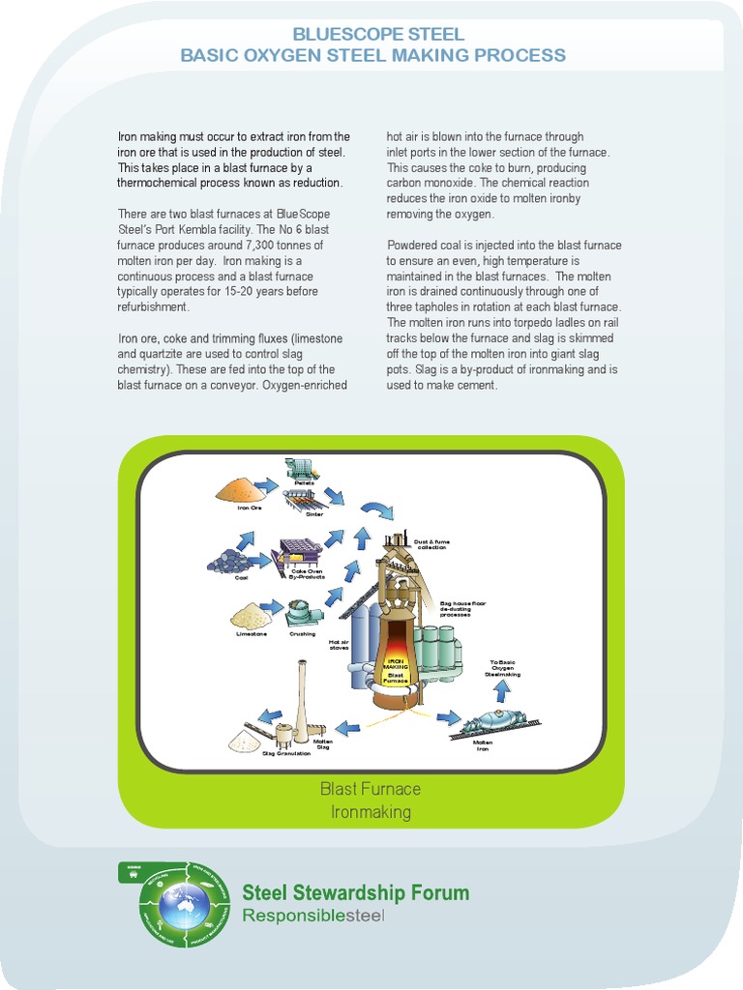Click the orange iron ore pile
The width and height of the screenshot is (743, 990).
[238, 490]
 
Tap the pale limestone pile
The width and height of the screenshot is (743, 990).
[252, 616]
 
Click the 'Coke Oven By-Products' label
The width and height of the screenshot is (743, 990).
[307, 574]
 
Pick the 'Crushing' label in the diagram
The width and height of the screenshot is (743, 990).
[302, 634]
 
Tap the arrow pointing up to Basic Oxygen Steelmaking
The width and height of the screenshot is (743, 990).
[501, 689]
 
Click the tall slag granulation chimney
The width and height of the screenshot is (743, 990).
[301, 701]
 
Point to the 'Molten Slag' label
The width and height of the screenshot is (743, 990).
[323, 744]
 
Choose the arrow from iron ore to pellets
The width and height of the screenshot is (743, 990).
[266, 484]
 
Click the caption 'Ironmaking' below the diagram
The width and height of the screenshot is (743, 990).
[371, 812]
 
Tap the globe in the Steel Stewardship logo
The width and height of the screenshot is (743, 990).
[184, 904]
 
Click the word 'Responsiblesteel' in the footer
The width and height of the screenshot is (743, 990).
[312, 915]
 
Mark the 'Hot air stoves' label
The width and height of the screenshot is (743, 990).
[339, 645]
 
